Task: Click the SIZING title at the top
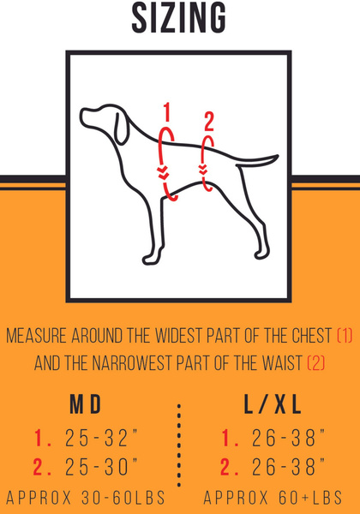tap(179, 18)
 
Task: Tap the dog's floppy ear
tap(121, 128)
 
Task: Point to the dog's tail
tap(257, 160)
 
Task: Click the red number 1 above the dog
tap(167, 112)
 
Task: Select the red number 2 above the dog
tap(209, 122)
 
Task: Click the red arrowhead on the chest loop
tap(163, 173)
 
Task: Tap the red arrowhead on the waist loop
tap(203, 170)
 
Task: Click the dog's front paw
tap(153, 258)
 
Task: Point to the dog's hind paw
tap(262, 253)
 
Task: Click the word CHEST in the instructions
tap(311, 335)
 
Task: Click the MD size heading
tap(86, 404)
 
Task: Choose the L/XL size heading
tap(273, 404)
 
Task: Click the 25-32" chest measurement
tap(101, 438)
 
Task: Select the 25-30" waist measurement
tap(101, 467)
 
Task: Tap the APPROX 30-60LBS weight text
tap(86, 498)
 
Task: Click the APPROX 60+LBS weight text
tap(273, 498)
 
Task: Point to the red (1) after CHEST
tap(345, 335)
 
